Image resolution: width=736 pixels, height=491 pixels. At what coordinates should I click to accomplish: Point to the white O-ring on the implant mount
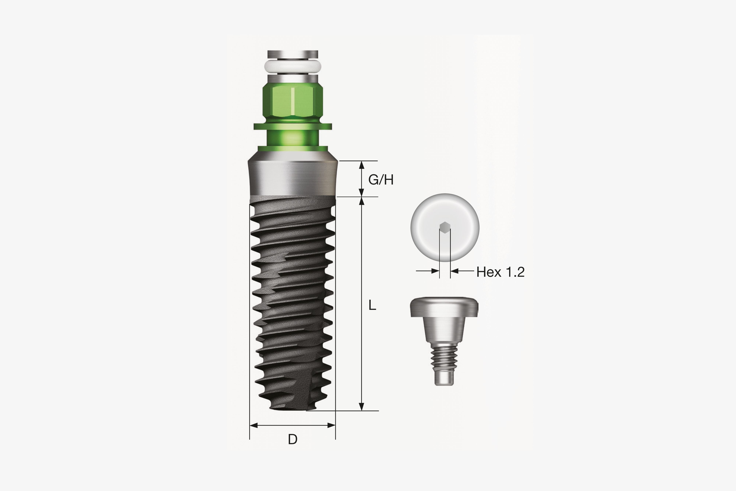coord(293,66)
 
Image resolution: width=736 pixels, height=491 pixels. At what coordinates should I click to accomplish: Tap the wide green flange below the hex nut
coord(293,126)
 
